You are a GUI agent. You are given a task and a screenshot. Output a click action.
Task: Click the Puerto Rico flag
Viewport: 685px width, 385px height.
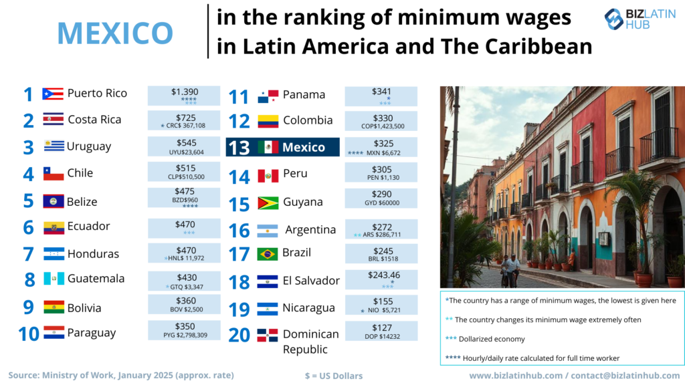coord(53,94)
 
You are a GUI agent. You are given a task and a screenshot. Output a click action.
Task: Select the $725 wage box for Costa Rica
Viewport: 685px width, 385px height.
coord(183,120)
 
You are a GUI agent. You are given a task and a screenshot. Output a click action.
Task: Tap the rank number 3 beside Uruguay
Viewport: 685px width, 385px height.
coord(28,147)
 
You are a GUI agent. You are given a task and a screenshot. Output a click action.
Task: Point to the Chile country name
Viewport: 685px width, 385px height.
coord(80,173)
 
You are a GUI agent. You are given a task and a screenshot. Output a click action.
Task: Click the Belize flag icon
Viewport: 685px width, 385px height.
coord(54,201)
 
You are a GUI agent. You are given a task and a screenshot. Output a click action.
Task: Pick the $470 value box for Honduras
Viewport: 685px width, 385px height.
coord(183,253)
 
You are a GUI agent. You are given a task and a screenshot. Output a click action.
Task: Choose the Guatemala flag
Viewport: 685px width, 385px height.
coord(54,279)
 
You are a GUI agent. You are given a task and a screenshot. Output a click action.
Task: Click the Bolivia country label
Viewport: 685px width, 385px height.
coord(84,307)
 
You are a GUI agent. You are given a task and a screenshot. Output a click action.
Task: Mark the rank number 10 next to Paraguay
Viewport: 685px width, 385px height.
coord(29,334)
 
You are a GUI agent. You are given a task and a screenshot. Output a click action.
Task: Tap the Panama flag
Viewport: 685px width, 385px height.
coord(268,97)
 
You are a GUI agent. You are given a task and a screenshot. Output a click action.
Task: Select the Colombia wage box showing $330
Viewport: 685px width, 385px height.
coord(381,121)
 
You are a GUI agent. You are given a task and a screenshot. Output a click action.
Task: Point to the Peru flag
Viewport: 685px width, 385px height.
coord(268,176)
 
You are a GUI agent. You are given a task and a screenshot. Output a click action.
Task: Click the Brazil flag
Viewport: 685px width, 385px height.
coord(268,254)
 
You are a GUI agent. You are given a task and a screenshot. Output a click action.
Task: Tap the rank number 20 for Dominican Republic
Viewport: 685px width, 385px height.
coord(239,334)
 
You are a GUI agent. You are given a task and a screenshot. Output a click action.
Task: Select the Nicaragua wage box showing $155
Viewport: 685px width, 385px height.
coord(381,305)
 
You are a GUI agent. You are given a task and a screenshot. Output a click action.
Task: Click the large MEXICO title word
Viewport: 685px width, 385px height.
coord(115,32)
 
